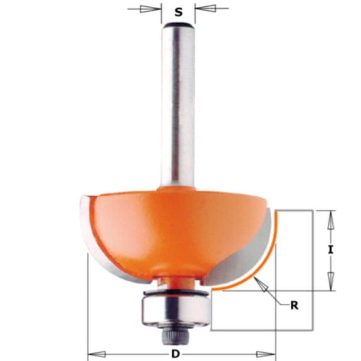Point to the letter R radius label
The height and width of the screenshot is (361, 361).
pos(293,306)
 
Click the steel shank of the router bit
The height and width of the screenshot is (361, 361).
pos(177,107)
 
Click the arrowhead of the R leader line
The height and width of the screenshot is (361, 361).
pos(264,285)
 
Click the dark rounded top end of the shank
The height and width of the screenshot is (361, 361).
pos(177,26)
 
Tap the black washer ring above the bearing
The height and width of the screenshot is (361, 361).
pos(177,292)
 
